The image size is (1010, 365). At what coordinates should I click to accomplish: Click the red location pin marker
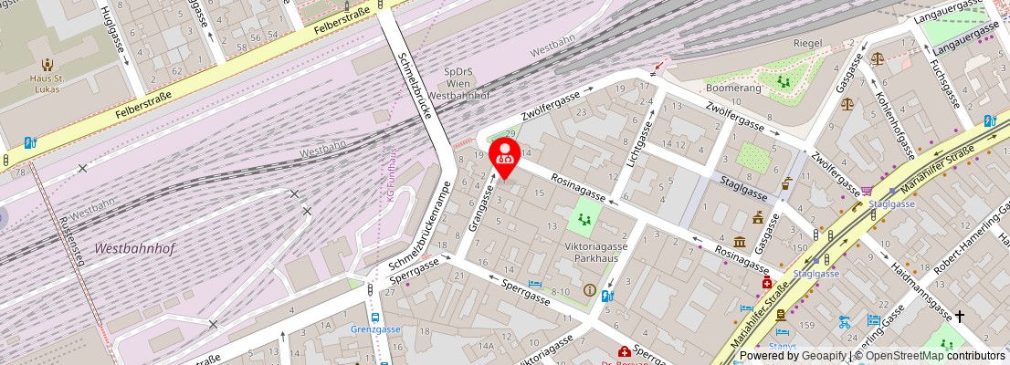point(503,156)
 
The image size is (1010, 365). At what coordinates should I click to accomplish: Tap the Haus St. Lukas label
point(46,83)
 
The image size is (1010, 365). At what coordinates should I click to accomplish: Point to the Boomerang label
point(733,88)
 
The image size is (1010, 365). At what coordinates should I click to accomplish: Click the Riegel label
point(807,43)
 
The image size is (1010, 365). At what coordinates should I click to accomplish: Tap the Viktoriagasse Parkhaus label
point(595,252)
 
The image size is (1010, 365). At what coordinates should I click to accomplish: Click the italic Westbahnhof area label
point(134,248)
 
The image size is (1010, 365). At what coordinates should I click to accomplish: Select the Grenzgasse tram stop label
point(375,328)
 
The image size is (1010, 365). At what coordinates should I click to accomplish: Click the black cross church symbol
point(959,317)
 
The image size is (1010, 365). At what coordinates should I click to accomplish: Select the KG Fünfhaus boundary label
point(393,173)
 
